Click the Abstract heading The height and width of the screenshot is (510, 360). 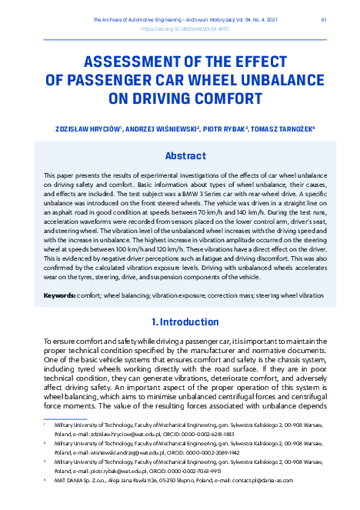[180, 155]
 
